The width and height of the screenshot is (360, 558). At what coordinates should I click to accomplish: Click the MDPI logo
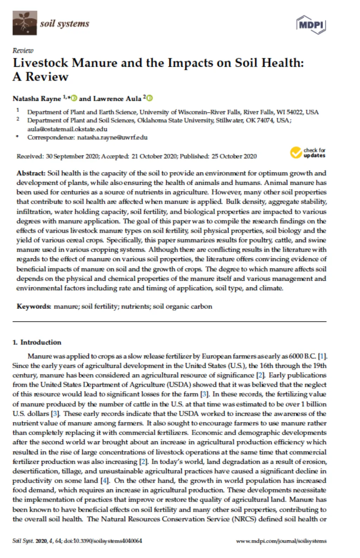(x=311, y=25)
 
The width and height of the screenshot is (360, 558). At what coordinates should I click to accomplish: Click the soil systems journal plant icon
(x=25, y=23)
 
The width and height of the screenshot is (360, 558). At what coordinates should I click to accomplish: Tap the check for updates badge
(x=308, y=153)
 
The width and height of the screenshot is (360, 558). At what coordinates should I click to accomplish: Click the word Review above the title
(x=23, y=51)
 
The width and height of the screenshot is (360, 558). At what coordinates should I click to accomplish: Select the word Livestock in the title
(x=40, y=63)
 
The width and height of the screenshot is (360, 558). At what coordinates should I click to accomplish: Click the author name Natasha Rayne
(x=37, y=99)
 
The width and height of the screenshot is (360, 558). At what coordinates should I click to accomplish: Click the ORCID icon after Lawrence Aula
(x=150, y=98)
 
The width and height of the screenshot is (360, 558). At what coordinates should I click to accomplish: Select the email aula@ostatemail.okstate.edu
(x=67, y=129)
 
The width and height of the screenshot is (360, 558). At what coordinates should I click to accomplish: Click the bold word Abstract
(x=31, y=173)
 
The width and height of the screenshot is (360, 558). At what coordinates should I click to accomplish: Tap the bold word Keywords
(x=34, y=306)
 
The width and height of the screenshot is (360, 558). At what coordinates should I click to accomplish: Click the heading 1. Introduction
(x=37, y=342)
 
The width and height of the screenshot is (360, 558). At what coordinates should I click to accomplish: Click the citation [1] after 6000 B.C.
(x=322, y=356)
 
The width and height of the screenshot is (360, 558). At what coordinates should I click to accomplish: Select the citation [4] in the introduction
(x=105, y=480)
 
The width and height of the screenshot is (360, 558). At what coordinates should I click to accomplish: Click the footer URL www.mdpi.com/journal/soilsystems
(x=281, y=541)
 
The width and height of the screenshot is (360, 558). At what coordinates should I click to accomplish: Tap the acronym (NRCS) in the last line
(x=244, y=519)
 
